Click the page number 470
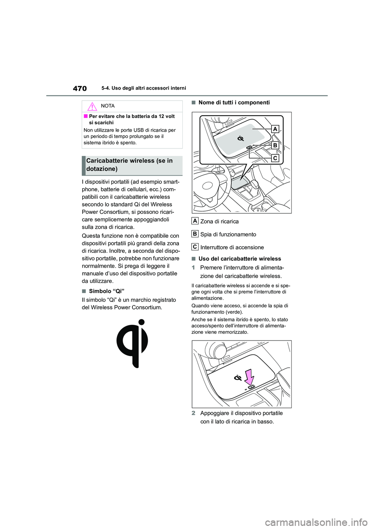click(x=80, y=88)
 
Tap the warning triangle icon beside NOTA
click(x=92, y=106)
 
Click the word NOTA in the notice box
click(x=108, y=106)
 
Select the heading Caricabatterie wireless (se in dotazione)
click(x=129, y=165)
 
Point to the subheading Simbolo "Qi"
click(x=106, y=291)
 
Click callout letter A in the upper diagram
click(x=275, y=129)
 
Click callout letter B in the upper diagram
click(x=275, y=145)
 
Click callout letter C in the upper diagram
click(x=275, y=158)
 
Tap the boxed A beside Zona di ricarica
click(x=195, y=221)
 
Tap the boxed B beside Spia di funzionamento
click(x=195, y=234)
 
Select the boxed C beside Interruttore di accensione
click(x=195, y=247)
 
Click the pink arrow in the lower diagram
click(x=249, y=377)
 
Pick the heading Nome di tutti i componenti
click(x=234, y=102)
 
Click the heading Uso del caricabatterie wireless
click(x=239, y=259)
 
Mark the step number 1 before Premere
click(x=193, y=268)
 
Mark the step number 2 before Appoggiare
click(x=193, y=413)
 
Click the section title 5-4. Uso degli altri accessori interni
click(x=144, y=88)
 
